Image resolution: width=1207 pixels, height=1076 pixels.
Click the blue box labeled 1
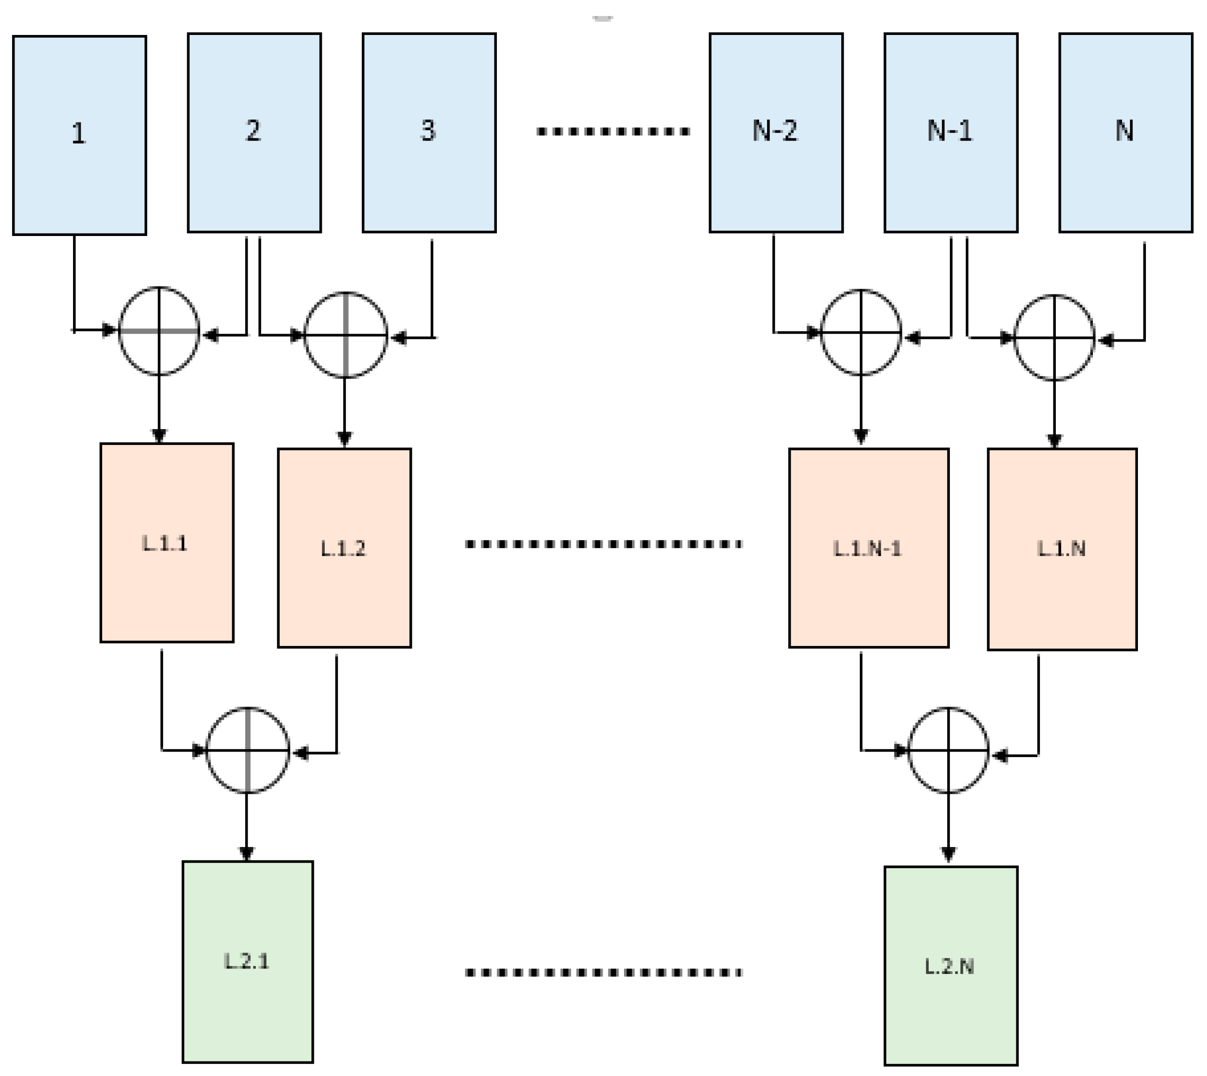[x=79, y=135]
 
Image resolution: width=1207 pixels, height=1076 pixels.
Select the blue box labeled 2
[x=254, y=132]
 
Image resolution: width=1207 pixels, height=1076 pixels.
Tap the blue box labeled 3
[x=429, y=132]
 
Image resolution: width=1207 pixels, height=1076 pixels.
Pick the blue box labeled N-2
[x=776, y=132]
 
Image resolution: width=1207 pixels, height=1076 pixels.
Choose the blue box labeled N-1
[x=951, y=132]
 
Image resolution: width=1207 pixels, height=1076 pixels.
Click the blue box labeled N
[x=1125, y=132]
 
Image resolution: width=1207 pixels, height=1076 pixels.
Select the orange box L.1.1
[x=167, y=542]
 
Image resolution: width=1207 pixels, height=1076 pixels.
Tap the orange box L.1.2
[x=344, y=547]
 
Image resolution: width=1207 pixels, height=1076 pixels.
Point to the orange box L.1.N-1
[x=869, y=547]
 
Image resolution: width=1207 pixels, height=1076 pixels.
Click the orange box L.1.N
[x=1062, y=548]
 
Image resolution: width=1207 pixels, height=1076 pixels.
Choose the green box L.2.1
[x=247, y=961]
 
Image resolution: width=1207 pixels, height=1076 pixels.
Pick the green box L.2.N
[x=951, y=966]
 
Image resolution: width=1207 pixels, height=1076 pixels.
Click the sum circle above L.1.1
[x=159, y=331]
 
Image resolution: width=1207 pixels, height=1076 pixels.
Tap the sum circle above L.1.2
[x=345, y=334]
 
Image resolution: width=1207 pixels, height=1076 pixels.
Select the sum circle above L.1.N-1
[x=861, y=332]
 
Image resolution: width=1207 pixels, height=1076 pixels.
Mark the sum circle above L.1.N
[x=1054, y=337]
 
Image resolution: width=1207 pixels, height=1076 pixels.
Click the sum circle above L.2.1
[x=247, y=749]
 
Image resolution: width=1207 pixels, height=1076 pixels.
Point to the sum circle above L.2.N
[x=948, y=749]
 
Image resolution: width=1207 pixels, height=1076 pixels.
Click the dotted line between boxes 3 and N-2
[x=613, y=131]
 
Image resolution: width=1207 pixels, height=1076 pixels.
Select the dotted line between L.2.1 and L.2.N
[x=603, y=972]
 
